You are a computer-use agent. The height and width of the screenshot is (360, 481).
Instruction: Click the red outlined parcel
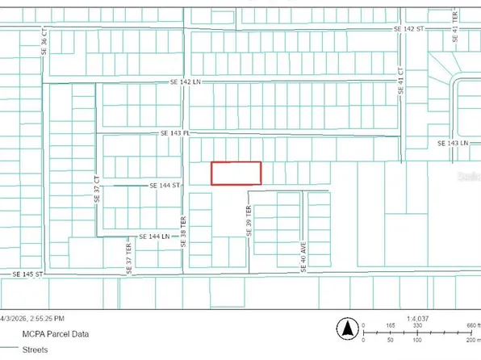pyautogui.click(x=236, y=173)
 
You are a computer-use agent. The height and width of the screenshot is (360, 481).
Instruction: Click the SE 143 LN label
pyautogui.click(x=453, y=143)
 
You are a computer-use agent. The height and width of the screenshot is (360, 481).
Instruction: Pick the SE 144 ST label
pyautogui.click(x=164, y=185)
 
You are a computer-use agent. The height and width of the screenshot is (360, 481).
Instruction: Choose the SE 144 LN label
pyautogui.click(x=153, y=237)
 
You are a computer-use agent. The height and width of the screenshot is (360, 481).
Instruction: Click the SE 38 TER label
pyautogui.click(x=183, y=231)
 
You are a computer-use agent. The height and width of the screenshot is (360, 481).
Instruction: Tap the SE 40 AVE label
pyautogui.click(x=303, y=259)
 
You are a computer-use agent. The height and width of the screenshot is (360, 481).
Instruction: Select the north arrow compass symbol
pyautogui.click(x=347, y=328)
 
